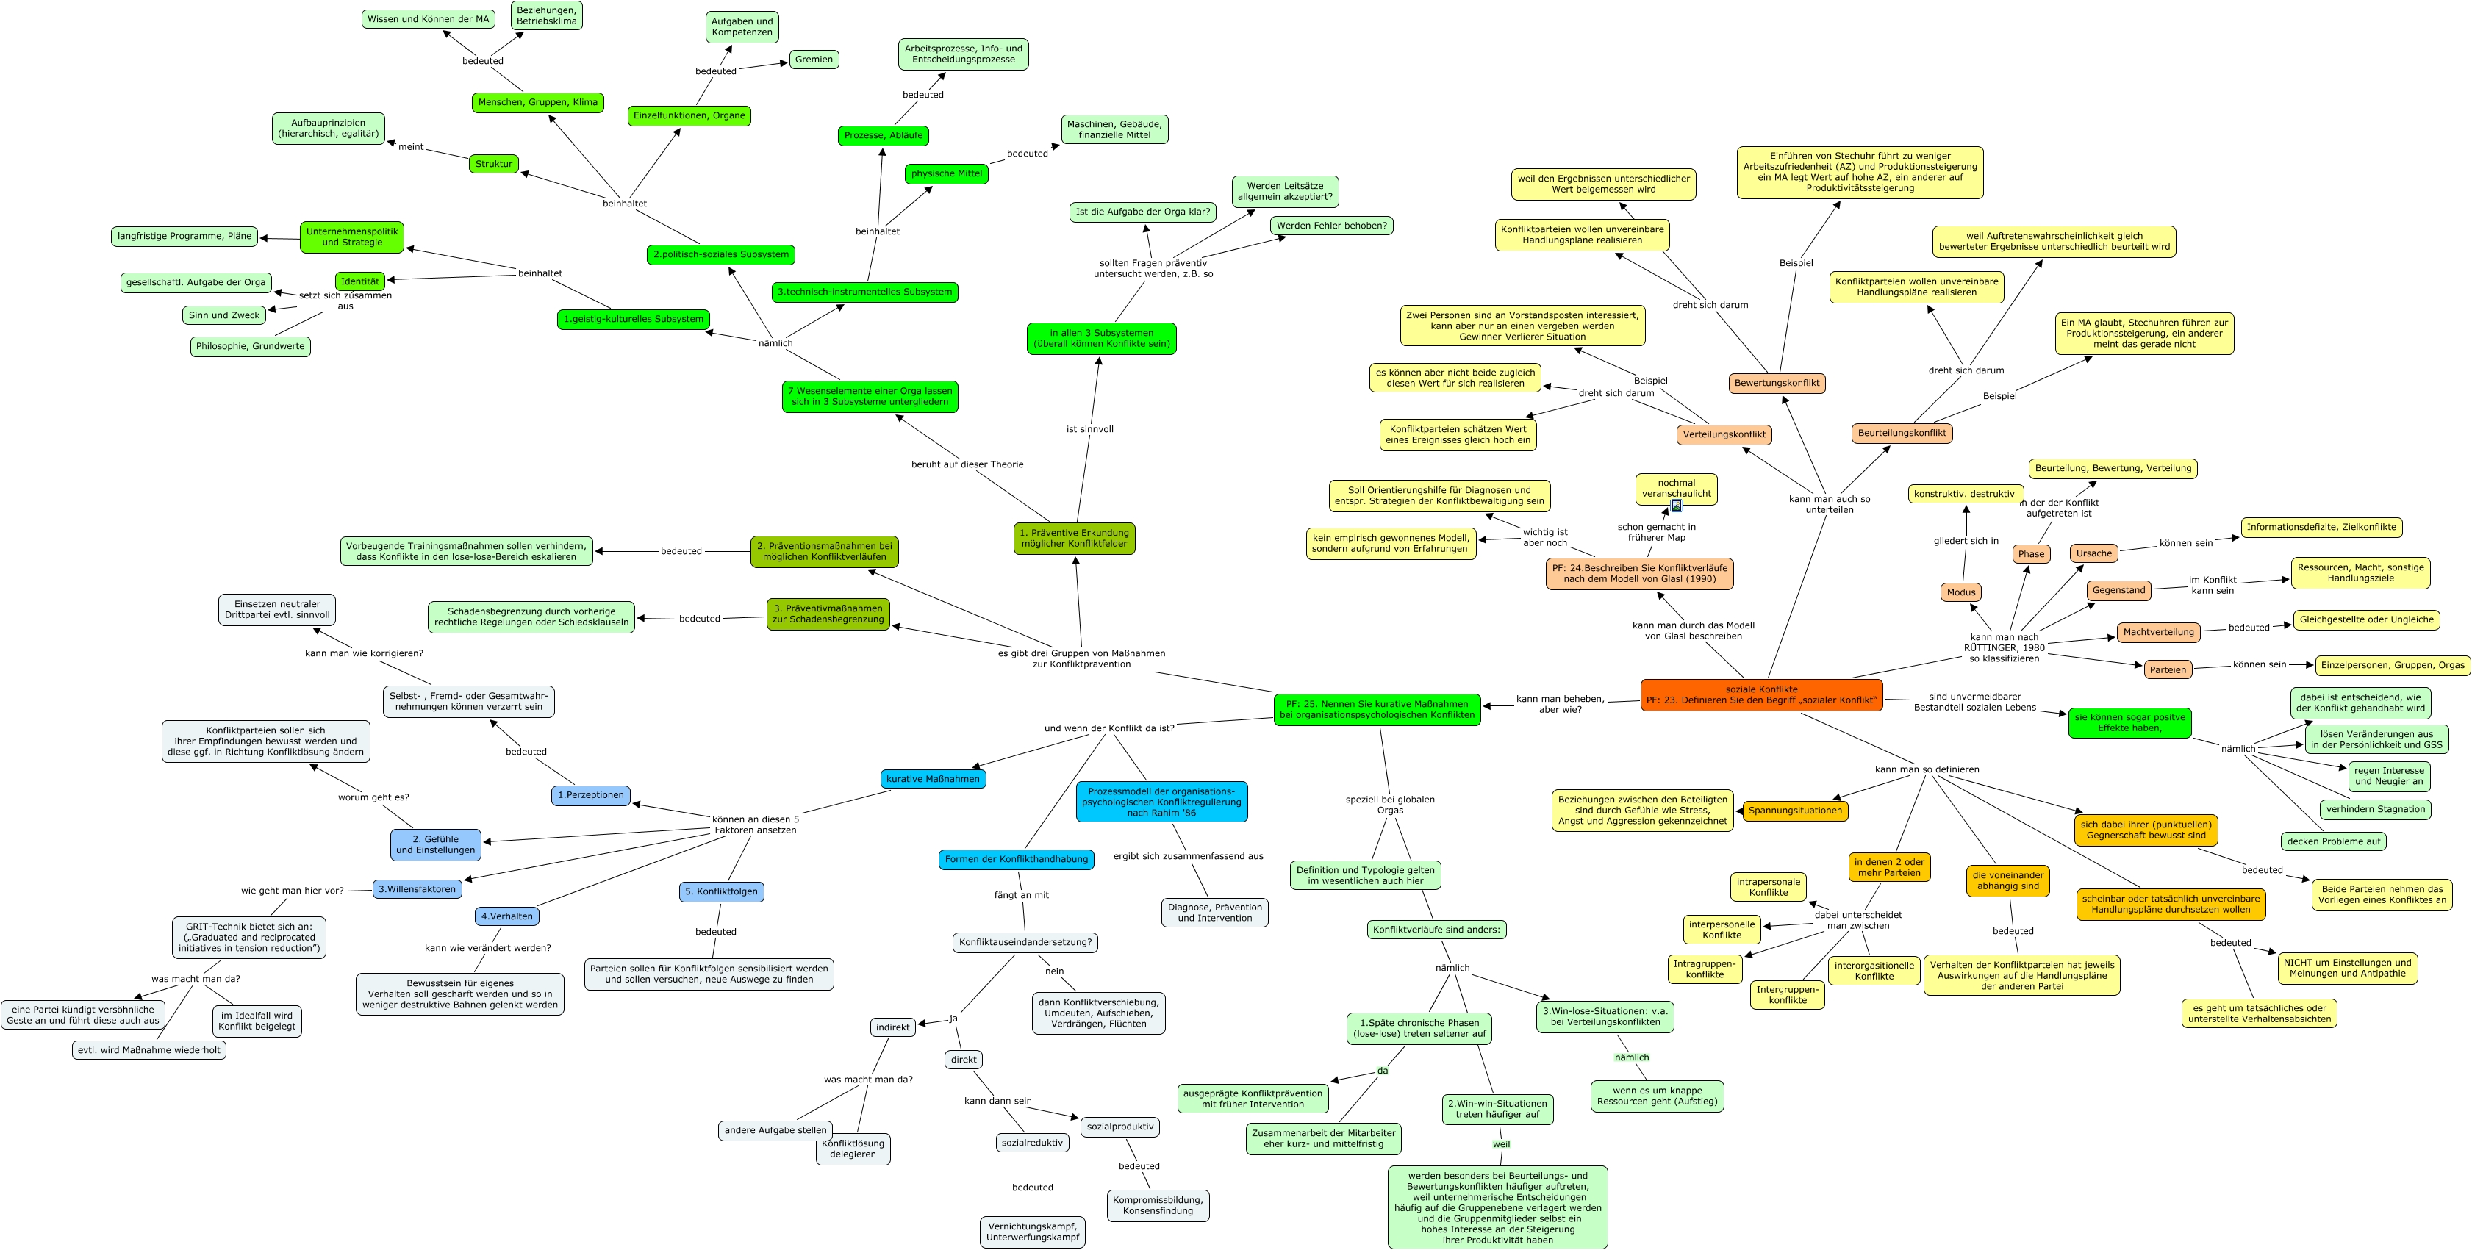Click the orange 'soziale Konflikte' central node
coord(1761,694)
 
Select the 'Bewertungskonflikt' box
coord(1777,383)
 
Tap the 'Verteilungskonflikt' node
coord(1724,434)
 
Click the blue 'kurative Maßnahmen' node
coord(933,779)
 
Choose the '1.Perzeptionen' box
coord(591,795)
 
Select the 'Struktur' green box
coord(494,164)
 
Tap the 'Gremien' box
coord(814,60)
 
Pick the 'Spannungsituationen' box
coord(1794,811)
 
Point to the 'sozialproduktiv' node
coord(1120,1127)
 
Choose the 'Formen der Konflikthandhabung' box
coord(1017,860)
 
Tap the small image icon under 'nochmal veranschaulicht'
coord(1677,506)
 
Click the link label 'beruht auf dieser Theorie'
coord(967,464)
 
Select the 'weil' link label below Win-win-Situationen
coord(1501,1144)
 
